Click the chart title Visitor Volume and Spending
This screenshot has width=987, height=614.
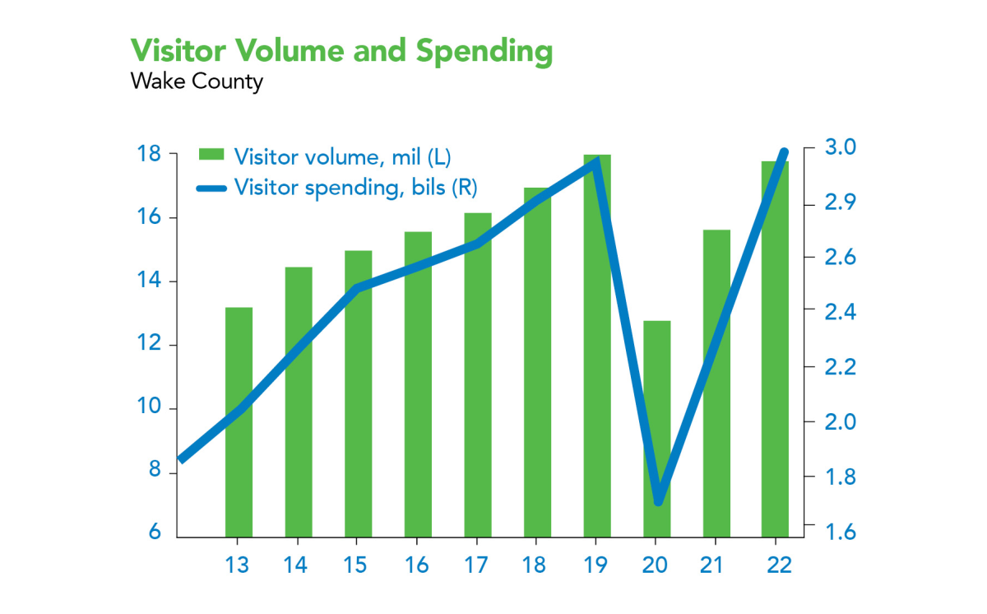point(341,51)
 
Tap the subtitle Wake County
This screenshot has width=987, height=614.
point(197,81)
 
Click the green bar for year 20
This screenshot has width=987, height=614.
point(656,428)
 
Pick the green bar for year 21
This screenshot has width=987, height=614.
point(716,383)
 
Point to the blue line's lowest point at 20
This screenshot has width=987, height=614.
point(658,500)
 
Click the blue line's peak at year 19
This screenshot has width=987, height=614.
point(596,162)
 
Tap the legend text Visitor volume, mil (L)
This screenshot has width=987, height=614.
point(342,156)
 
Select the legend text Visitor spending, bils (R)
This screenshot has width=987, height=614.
point(355,187)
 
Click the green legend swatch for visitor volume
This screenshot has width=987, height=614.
point(211,155)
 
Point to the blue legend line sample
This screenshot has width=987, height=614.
point(211,188)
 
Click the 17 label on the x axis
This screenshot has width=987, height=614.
point(476,565)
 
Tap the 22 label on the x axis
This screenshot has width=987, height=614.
point(775,565)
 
